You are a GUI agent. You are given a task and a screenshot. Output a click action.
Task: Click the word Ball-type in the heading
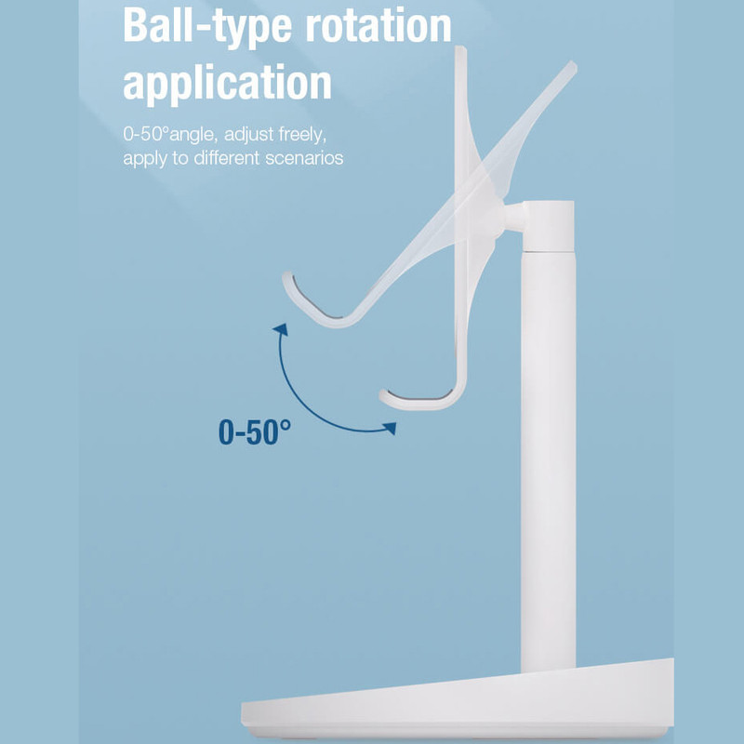coord(206,27)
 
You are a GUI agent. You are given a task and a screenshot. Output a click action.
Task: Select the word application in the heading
coord(227,83)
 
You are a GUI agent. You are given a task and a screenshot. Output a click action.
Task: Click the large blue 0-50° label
coord(255,432)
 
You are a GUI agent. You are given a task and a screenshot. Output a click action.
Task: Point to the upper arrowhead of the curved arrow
coord(281,329)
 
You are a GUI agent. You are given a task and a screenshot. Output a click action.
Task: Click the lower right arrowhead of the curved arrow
coord(390,428)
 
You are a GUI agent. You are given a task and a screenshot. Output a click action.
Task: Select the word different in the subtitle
coord(227,157)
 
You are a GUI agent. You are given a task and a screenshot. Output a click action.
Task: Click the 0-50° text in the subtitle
coord(146,134)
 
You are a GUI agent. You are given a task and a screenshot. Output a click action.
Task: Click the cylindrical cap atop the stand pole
coord(548,226)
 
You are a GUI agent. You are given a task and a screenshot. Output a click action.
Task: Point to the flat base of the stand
coord(458,700)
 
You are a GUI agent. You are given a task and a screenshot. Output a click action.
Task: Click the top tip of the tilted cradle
coord(573,65)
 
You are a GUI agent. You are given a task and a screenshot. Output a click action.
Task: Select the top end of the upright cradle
coord(460,48)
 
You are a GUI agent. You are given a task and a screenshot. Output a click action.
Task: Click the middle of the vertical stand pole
coord(548,460)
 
